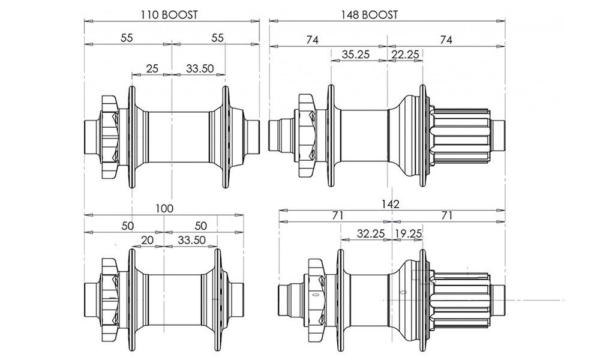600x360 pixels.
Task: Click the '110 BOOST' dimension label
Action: pos(169,15)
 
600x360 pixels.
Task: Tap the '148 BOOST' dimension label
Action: pos(369,15)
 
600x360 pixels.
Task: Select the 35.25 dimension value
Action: pos(356,55)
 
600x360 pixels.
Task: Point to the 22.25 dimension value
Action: pos(405,55)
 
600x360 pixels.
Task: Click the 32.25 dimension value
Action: pos(370,233)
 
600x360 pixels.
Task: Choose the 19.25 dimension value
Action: pos(408,233)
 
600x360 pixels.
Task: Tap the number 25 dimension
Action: pos(152,69)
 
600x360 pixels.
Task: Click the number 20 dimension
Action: pos(148,240)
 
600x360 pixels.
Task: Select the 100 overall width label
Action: pos(164,209)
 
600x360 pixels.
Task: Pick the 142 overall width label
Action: pos(391,204)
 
